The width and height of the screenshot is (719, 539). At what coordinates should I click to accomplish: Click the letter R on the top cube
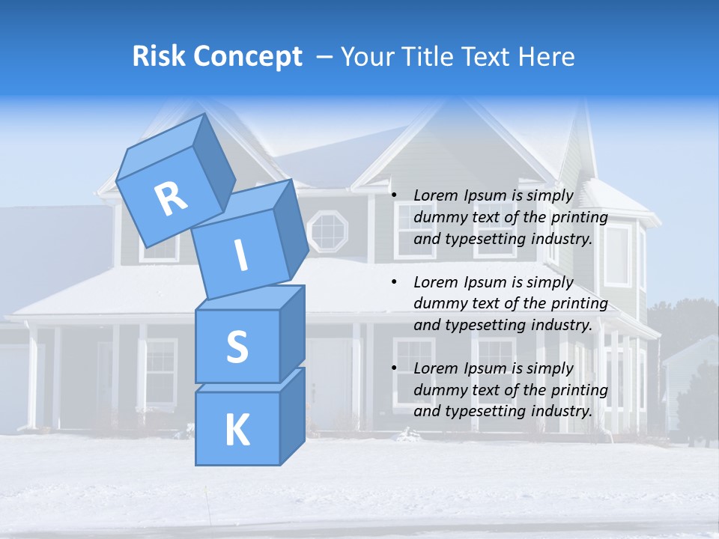coord(172,199)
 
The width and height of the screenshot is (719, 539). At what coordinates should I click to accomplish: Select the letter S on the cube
coord(237,347)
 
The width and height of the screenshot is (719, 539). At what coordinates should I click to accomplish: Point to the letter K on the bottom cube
coord(237,430)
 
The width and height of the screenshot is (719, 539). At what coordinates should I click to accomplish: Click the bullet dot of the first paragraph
coord(395,196)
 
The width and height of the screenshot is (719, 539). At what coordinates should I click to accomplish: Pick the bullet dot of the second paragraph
coord(395,283)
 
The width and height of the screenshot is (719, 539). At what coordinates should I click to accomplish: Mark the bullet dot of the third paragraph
coord(395,369)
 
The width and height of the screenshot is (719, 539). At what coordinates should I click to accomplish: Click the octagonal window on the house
coord(328,231)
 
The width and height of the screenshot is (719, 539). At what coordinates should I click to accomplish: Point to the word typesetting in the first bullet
coord(484,240)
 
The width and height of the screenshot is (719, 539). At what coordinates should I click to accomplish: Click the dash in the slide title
coord(325,56)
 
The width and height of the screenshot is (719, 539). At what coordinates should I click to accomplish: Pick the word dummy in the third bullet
coord(440,390)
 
